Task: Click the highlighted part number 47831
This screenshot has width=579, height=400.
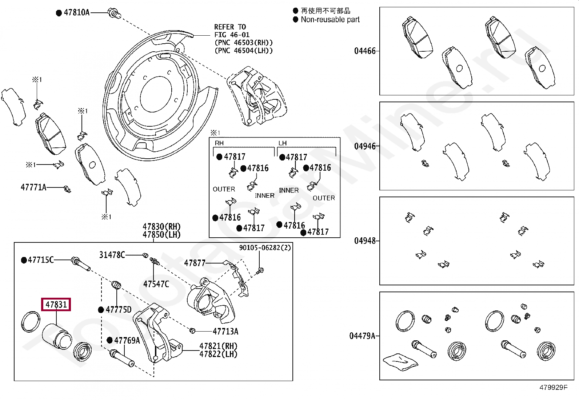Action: click(x=56, y=304)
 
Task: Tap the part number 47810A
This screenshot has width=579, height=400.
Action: click(x=76, y=12)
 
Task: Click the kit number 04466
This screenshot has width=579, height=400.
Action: click(x=365, y=51)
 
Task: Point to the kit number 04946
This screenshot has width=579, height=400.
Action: click(x=365, y=146)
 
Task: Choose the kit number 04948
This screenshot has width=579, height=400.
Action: click(x=365, y=241)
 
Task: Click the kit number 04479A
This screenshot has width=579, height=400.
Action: click(x=362, y=336)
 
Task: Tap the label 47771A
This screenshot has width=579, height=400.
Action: click(x=33, y=187)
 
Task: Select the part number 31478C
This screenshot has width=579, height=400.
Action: click(x=112, y=255)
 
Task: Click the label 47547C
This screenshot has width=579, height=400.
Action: click(x=156, y=284)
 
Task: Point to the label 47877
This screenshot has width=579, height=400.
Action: click(x=195, y=263)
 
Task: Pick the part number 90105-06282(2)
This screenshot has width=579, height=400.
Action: click(x=265, y=247)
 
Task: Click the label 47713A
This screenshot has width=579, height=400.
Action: click(x=225, y=331)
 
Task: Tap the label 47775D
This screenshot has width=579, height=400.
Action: click(x=119, y=309)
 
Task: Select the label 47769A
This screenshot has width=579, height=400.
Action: click(x=127, y=340)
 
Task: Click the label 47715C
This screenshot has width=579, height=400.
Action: click(x=41, y=260)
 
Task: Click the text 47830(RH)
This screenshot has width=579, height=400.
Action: click(x=161, y=227)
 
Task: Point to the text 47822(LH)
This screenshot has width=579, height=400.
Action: click(x=219, y=354)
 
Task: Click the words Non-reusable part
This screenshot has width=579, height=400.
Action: click(x=330, y=19)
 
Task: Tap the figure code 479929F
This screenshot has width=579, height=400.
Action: click(x=554, y=387)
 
